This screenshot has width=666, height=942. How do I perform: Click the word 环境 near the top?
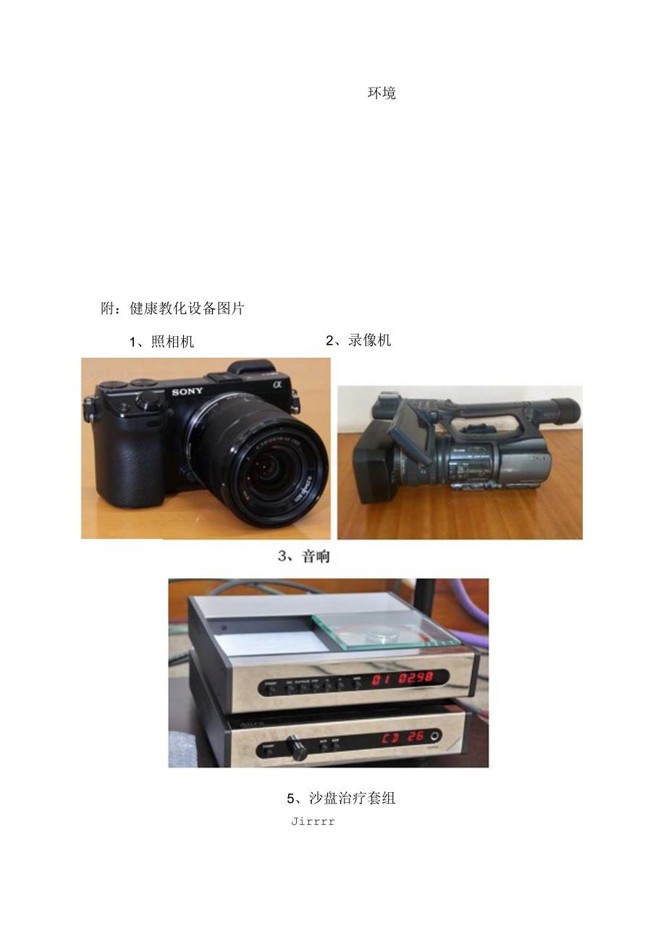click(x=382, y=93)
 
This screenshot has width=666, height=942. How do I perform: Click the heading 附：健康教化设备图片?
click(x=172, y=308)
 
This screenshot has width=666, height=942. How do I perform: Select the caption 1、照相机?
click(x=161, y=342)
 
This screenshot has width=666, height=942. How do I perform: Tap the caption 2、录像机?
click(x=358, y=340)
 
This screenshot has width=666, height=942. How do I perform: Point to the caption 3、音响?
click(x=304, y=556)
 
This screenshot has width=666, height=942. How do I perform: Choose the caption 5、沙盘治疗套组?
click(x=341, y=799)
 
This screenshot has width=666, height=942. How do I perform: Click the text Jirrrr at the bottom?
click(x=313, y=822)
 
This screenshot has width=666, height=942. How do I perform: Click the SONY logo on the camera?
click(x=187, y=392)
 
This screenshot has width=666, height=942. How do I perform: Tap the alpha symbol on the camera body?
click(x=275, y=384)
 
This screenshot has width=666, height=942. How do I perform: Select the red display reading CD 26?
click(x=403, y=738)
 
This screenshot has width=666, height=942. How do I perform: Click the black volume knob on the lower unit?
click(x=297, y=747)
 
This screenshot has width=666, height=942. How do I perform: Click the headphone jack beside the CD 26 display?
click(x=435, y=737)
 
